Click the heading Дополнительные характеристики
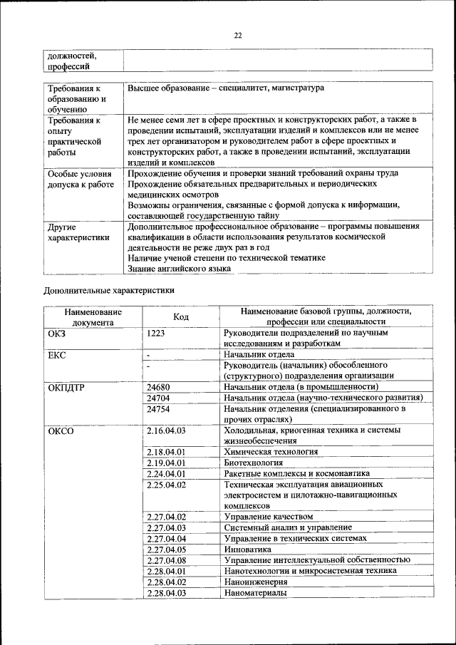pos(109,290)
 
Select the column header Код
pos(181,316)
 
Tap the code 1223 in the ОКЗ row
pos(157,333)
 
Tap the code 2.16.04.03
pos(166,430)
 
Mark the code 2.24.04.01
pos(166,473)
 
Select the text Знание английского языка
pos(179,269)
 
